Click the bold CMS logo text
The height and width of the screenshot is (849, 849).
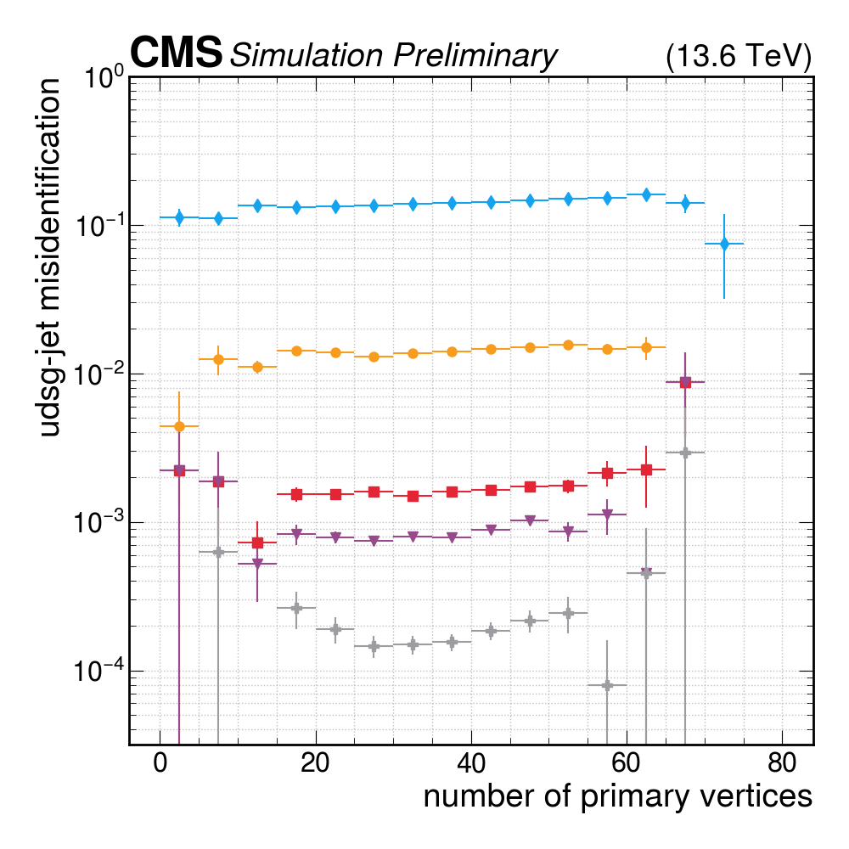(x=176, y=53)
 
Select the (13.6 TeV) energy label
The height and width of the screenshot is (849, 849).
(x=739, y=56)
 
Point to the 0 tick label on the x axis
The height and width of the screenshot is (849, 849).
(x=160, y=762)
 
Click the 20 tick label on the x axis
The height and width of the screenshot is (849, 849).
(x=315, y=762)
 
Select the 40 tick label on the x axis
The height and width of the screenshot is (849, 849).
(x=470, y=762)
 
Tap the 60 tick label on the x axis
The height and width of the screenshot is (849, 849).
(x=626, y=762)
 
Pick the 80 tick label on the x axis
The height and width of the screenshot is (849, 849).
(x=781, y=762)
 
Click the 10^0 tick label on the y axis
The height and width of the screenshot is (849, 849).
(x=104, y=81)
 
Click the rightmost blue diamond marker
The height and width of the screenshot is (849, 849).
(x=724, y=244)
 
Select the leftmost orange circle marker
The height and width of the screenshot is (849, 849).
(x=179, y=426)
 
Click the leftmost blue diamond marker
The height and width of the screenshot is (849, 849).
(x=179, y=217)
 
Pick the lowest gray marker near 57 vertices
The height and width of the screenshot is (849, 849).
(x=607, y=685)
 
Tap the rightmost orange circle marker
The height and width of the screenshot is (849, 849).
(x=646, y=347)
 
